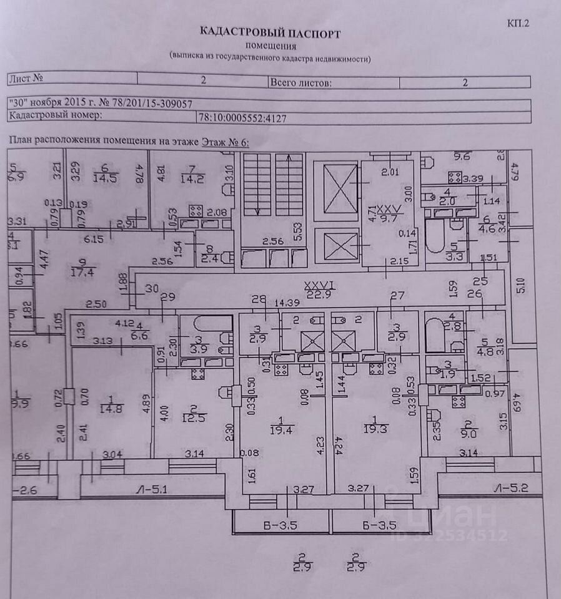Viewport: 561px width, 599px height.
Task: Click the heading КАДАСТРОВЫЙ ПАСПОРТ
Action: tap(270, 32)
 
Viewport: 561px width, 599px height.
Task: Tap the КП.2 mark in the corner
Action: tap(519, 24)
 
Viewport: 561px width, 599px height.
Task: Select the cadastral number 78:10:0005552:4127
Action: tap(242, 117)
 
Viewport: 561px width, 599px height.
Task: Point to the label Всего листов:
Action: tap(300, 82)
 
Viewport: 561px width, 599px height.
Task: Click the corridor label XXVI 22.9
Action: tap(319, 290)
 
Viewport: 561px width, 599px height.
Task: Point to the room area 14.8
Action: tap(111, 409)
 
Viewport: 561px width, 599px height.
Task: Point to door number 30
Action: tap(151, 288)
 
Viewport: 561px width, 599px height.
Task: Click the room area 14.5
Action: tap(104, 175)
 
